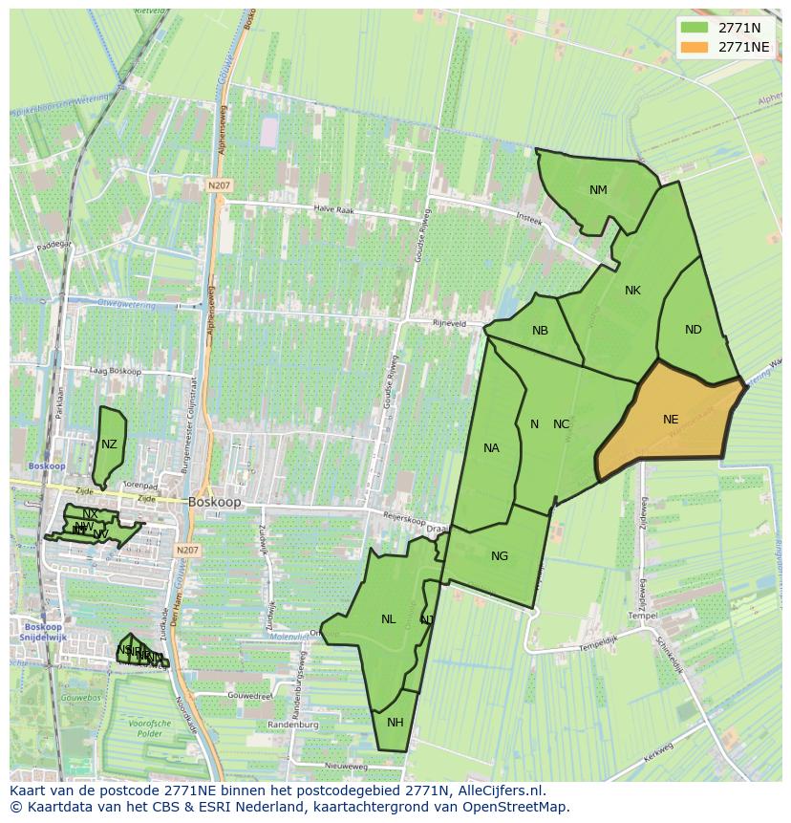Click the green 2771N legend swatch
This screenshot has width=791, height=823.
(x=695, y=28)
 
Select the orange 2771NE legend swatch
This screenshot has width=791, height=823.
(x=695, y=47)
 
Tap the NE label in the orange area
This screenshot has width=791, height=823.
(x=671, y=419)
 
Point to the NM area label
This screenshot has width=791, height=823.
(x=598, y=189)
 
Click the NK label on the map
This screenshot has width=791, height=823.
(x=632, y=291)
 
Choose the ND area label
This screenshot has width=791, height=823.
(x=694, y=330)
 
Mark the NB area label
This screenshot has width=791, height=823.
(x=540, y=331)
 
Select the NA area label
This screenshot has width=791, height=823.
(x=491, y=447)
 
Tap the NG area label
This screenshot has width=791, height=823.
(x=499, y=556)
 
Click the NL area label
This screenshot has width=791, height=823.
(x=388, y=619)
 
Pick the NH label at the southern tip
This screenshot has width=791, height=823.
(x=395, y=722)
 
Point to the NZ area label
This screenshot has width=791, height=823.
(x=109, y=444)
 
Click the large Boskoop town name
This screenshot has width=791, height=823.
(x=215, y=501)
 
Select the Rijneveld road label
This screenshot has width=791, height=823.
(x=449, y=323)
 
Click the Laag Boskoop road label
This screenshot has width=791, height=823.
(x=115, y=371)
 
